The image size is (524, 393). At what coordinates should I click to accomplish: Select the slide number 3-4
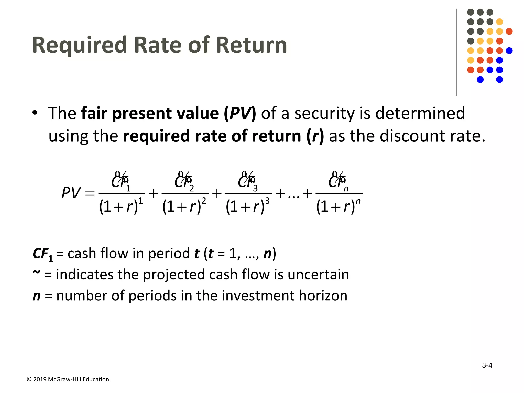click(x=487, y=365)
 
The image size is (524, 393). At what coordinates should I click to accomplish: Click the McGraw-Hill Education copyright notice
click(x=69, y=379)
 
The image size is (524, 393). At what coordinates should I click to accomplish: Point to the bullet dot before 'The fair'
click(x=35, y=113)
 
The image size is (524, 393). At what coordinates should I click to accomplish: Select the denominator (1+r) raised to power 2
click(x=184, y=206)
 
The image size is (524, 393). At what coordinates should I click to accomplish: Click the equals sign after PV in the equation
click(x=90, y=193)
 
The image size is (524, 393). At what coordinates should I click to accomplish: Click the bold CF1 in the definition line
click(x=43, y=254)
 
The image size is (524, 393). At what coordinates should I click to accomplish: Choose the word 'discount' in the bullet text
click(x=413, y=136)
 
